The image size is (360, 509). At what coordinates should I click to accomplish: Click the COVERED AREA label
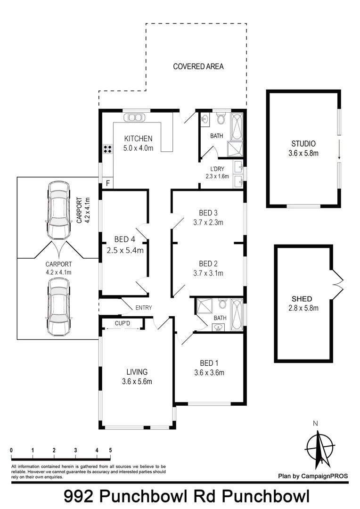click(198, 66)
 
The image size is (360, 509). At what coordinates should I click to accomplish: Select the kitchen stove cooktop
click(107, 149)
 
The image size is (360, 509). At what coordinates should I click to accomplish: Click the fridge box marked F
click(107, 183)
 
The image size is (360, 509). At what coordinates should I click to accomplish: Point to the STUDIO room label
click(303, 144)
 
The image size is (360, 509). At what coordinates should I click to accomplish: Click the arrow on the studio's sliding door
click(339, 149)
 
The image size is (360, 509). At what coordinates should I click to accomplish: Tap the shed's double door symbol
click(338, 285)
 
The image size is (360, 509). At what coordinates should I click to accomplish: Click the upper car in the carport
click(58, 211)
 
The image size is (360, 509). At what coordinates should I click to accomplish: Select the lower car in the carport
click(58, 306)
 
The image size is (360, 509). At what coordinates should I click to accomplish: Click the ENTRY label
click(143, 308)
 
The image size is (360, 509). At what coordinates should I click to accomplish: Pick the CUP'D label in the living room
click(122, 324)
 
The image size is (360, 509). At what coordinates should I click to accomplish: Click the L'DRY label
click(217, 169)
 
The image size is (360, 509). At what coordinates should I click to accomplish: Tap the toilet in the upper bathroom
click(221, 118)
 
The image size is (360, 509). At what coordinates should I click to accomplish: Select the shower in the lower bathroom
click(205, 306)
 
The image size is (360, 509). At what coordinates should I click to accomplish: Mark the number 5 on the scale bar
click(110, 451)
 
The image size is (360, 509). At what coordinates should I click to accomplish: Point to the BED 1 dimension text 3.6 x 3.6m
click(209, 372)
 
